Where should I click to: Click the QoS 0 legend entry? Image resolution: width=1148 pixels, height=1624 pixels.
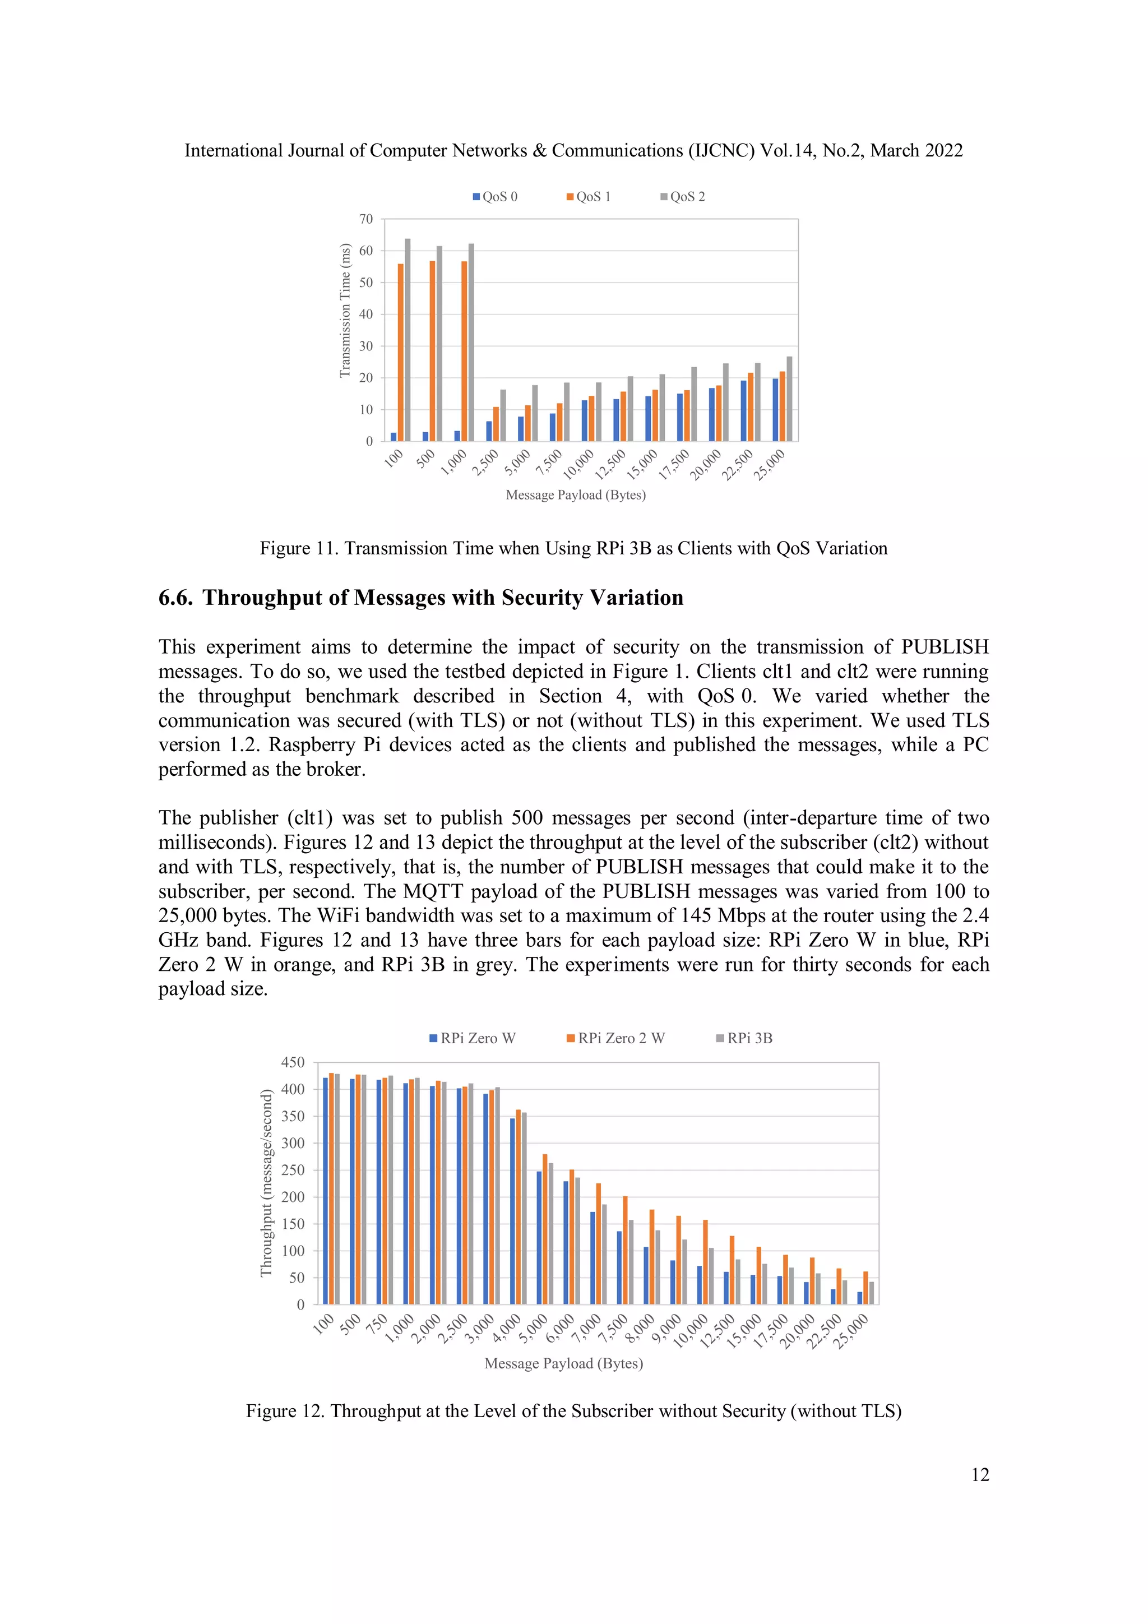[495, 197]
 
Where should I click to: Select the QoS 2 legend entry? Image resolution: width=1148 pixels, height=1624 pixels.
[683, 197]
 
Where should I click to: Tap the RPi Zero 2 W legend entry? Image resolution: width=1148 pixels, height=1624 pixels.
[615, 1038]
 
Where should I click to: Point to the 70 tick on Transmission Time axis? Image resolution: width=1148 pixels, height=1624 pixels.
[365, 219]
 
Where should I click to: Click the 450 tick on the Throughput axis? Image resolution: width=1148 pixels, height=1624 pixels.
[293, 1062]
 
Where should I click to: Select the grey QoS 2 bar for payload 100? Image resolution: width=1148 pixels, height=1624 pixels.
[408, 340]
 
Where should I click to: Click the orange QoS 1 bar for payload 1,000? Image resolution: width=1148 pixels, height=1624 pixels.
[464, 351]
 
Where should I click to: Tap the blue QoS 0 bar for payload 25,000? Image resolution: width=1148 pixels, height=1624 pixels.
[775, 410]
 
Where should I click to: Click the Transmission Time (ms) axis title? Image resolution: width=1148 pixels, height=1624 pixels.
[345, 310]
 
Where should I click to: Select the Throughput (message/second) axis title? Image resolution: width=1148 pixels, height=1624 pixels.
[266, 1183]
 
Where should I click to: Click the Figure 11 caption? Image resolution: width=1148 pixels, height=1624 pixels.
[573, 548]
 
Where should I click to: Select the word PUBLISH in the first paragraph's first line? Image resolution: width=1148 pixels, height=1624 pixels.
[945, 647]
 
